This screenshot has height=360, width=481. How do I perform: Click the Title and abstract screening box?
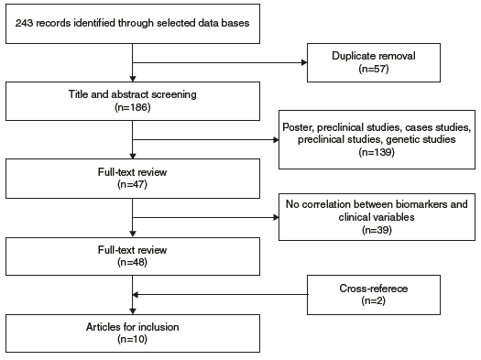133,100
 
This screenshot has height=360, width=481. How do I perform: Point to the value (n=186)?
133,106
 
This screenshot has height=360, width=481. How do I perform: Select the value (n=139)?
377,154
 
